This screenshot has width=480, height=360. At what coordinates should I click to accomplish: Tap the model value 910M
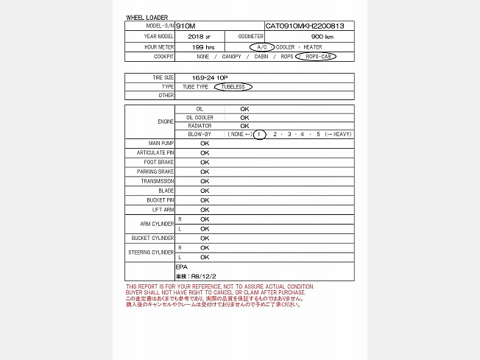(x=186, y=26)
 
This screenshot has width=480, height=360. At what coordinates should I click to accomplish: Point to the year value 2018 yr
(x=199, y=36)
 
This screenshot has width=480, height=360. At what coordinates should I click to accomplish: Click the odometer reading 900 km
(x=322, y=36)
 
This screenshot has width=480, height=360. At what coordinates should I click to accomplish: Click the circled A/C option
(x=262, y=46)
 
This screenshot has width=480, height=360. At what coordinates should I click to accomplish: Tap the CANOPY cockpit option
(x=231, y=57)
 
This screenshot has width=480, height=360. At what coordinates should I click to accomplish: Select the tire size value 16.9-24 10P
(x=210, y=77)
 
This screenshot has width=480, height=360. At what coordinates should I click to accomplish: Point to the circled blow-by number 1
(x=259, y=134)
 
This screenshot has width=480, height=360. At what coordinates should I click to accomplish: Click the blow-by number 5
(x=319, y=134)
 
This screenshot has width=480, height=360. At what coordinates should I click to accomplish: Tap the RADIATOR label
(x=200, y=126)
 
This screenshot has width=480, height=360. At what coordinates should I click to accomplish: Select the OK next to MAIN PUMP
(x=205, y=144)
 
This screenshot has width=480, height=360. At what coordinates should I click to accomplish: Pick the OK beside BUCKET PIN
(x=205, y=200)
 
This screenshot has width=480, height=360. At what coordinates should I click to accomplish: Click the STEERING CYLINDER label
(x=152, y=253)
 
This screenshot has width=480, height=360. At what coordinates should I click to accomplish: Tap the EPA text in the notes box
(x=181, y=266)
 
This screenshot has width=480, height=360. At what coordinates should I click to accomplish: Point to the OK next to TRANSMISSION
(x=205, y=181)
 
